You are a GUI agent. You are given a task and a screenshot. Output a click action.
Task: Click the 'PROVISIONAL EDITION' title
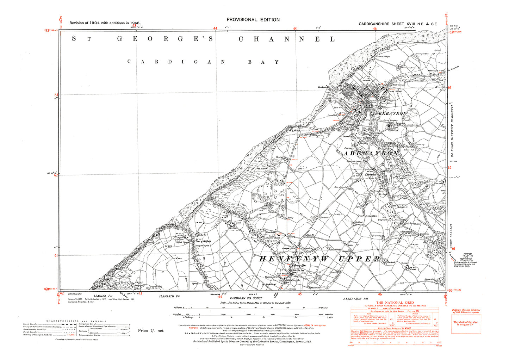point(253,20)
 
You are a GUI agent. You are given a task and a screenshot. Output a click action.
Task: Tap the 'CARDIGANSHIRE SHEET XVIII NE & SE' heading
point(398,24)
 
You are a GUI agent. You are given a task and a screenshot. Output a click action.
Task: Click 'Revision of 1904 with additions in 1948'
point(105,23)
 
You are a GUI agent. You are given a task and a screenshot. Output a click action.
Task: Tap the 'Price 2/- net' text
point(151,331)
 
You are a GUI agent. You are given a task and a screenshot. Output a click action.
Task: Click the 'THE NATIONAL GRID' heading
point(395,303)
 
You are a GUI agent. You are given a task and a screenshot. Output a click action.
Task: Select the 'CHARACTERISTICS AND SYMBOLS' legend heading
point(76,321)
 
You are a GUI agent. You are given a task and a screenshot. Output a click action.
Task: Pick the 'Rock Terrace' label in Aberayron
point(399,85)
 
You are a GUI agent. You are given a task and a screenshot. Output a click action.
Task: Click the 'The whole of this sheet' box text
point(466,322)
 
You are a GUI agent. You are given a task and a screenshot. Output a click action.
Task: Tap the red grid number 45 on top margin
point(295,29)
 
